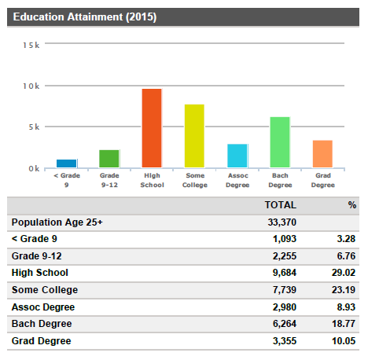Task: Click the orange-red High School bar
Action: [152, 128]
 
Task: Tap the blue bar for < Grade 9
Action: [67, 163]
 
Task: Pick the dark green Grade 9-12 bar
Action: [109, 159]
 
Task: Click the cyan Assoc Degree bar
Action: [237, 156]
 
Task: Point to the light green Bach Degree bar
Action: [280, 142]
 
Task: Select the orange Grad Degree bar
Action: [322, 154]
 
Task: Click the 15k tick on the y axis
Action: [31, 45]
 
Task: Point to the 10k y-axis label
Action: [31, 86]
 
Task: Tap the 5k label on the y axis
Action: [33, 127]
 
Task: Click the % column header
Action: [352, 204]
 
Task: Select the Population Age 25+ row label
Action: [57, 222]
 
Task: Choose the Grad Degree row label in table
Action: [42, 341]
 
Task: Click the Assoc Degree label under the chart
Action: [237, 180]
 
